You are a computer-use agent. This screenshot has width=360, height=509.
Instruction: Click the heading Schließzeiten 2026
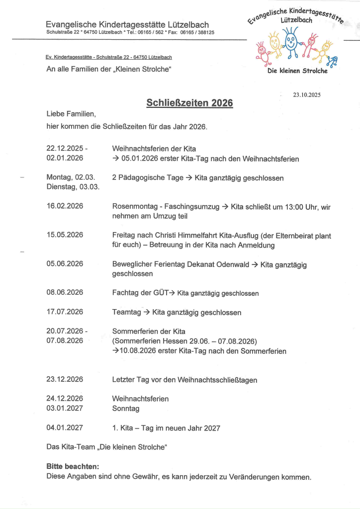tap(189, 103)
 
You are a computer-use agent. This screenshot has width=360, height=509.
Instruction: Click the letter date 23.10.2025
tap(307, 94)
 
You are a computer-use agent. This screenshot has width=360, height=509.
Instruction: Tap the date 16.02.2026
tap(65, 206)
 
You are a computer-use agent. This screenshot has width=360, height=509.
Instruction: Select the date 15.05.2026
tap(65, 235)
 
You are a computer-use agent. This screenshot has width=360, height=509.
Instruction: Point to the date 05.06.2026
tap(65, 264)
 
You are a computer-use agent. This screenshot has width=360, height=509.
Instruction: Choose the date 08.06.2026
tap(65, 292)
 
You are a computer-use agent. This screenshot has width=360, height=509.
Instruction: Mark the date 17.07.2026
tap(65, 312)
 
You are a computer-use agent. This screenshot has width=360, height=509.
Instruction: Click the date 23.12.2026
tap(65, 379)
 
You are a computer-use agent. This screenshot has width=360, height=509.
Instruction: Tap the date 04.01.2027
tap(65, 427)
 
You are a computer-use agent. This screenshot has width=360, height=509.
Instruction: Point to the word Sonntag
tap(126, 409)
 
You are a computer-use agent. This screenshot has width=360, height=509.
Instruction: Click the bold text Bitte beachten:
tap(73, 467)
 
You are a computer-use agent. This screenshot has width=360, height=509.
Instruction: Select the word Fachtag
tap(125, 293)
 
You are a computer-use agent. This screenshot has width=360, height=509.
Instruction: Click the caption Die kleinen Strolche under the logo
tap(297, 71)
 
